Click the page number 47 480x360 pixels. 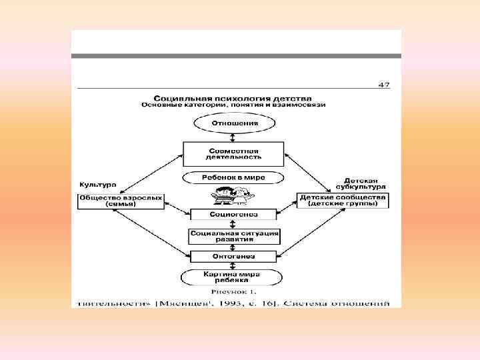tap(384, 85)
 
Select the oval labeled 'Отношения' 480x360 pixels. tap(234, 123)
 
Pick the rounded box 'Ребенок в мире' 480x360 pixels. tap(234, 178)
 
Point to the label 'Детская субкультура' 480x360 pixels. tap(363, 183)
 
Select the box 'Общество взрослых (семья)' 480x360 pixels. tap(121, 201)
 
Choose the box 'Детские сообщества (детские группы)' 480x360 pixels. tap(343, 201)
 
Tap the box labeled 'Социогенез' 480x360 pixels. tap(234, 215)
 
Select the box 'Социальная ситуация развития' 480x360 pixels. tap(234, 236)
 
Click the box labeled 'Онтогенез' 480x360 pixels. tap(234, 256)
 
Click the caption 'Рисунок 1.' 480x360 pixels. tap(234, 292)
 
